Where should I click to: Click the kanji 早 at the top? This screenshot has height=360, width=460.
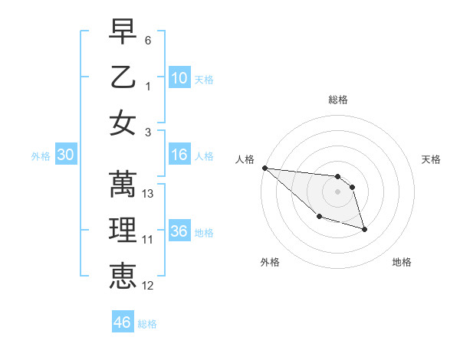click(123, 31)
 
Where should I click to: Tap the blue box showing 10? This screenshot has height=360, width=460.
click(179, 77)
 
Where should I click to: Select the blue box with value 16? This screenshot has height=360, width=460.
click(179, 155)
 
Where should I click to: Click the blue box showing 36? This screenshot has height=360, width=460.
click(179, 231)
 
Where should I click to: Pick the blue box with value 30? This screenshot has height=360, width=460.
click(65, 155)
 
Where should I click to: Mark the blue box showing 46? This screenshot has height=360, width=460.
click(123, 322)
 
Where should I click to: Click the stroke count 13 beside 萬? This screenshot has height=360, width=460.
click(149, 194)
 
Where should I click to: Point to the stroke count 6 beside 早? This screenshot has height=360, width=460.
click(148, 39)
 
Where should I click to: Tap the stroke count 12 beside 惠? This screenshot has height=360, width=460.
click(149, 286)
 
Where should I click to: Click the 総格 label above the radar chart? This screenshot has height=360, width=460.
click(337, 100)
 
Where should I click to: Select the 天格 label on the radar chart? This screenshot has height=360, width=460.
click(432, 159)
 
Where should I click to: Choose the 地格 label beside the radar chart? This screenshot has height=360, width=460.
click(402, 262)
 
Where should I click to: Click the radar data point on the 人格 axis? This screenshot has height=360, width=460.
click(264, 168)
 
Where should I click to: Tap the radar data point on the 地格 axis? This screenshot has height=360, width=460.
click(364, 229)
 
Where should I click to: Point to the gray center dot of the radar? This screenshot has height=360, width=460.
click(337, 191)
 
